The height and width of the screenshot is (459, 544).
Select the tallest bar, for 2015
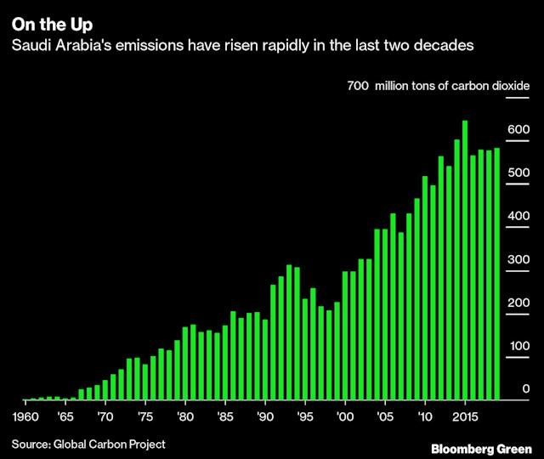point(465,260)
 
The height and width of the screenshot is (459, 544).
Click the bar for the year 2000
point(345,335)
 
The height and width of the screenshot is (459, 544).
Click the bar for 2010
point(425,288)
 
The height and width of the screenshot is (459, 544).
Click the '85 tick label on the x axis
point(224,417)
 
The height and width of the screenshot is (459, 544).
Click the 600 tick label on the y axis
point(519,130)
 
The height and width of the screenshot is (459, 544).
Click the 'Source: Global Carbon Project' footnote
point(88,444)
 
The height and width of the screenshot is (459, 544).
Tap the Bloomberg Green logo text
point(481,448)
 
